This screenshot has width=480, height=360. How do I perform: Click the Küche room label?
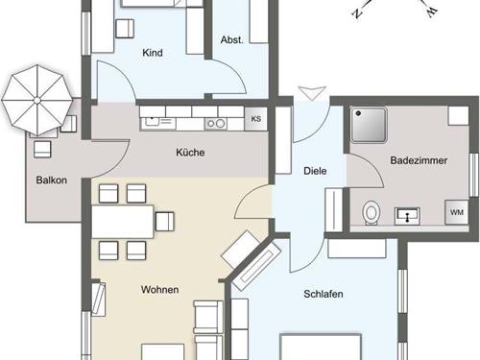tap(190, 153)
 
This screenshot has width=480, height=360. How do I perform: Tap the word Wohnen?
tap(159, 290)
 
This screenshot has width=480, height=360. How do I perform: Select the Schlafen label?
tap(324, 294)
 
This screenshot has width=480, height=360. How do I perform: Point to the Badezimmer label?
tap(419, 160)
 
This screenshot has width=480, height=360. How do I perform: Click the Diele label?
tap(315, 171)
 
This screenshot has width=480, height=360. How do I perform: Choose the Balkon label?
tap(52, 180)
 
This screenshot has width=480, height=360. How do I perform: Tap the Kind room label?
tap(153, 53)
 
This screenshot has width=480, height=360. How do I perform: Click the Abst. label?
tap(232, 40)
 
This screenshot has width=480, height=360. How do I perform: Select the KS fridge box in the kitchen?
tap(255, 119)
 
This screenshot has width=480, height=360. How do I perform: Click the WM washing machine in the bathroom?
tap(457, 212)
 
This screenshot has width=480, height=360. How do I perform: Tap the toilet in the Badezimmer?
tap(372, 212)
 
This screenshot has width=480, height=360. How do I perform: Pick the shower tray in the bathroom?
tap(369, 125)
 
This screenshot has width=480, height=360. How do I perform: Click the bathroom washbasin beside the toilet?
tap(407, 216)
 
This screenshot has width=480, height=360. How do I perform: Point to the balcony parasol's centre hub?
tap(37, 101)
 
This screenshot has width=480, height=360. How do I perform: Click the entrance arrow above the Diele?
tap(312, 93)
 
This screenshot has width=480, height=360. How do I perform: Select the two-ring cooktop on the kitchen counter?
tap(215, 124)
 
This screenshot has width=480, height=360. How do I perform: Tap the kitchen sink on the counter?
tap(157, 121)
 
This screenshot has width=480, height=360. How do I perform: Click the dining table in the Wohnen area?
tap(123, 222)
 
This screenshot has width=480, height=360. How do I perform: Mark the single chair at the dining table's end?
tap(165, 222)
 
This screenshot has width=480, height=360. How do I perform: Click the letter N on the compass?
tap(357, 13)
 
